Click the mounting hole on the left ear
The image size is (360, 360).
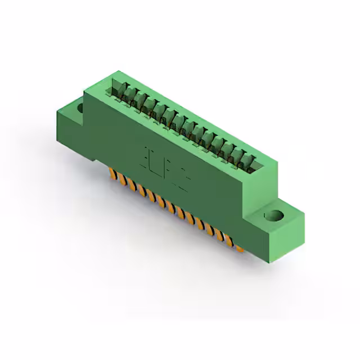[x=80, y=107]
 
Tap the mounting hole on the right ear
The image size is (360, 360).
[x=275, y=215]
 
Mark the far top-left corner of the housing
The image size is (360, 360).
[x=118, y=71]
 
